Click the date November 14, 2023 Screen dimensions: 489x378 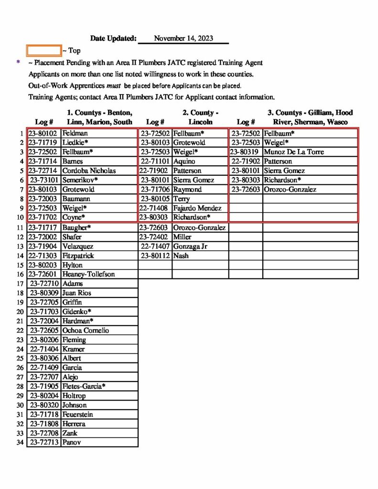[x=184, y=38]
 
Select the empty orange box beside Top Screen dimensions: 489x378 [x=44, y=50]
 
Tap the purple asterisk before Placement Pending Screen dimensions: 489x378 [x=19, y=62]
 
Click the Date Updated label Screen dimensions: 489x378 [x=113, y=38]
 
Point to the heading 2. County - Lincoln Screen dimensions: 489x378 [x=200, y=117]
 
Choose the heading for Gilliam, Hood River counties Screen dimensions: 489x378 [x=310, y=117]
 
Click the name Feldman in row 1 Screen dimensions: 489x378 [x=74, y=133]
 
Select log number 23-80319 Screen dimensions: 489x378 [x=246, y=152]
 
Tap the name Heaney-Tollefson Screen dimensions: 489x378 [x=88, y=274]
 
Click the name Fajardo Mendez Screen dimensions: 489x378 [x=197, y=208]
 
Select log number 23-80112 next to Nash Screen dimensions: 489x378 [x=155, y=255]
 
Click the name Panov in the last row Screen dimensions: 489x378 [x=72, y=442]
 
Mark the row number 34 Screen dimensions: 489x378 [x=20, y=442]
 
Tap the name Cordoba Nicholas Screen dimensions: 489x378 [x=89, y=170]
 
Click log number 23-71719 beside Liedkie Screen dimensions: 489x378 [x=43, y=143]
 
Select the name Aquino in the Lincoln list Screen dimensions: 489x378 [x=184, y=161]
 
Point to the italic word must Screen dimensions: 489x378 [x=109, y=86]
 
